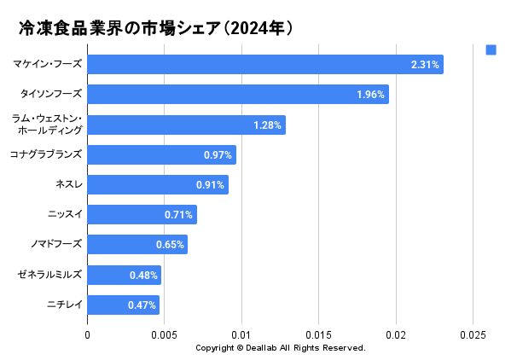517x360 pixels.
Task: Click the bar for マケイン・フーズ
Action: [264, 65]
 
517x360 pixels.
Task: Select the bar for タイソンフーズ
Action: [237, 95]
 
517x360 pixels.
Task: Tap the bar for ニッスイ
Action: [142, 215]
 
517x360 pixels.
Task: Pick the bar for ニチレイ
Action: [123, 305]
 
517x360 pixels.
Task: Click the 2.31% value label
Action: [425, 65]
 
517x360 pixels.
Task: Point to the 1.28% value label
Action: [267, 125]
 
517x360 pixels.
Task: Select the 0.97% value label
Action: [218, 155]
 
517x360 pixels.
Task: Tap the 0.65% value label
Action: [170, 246]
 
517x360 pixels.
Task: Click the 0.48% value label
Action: [143, 276]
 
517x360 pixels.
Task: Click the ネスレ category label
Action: [68, 184]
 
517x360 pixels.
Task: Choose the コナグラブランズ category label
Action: [46, 154]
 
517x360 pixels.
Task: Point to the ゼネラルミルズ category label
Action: [49, 275]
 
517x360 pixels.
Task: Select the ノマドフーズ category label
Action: [56, 245]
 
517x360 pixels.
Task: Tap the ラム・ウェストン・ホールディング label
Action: [48, 125]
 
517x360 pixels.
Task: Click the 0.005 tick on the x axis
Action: [165, 335]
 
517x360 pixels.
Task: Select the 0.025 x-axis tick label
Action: [473, 335]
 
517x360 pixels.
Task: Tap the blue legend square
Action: [491, 50]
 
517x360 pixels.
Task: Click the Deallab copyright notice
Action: [280, 348]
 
